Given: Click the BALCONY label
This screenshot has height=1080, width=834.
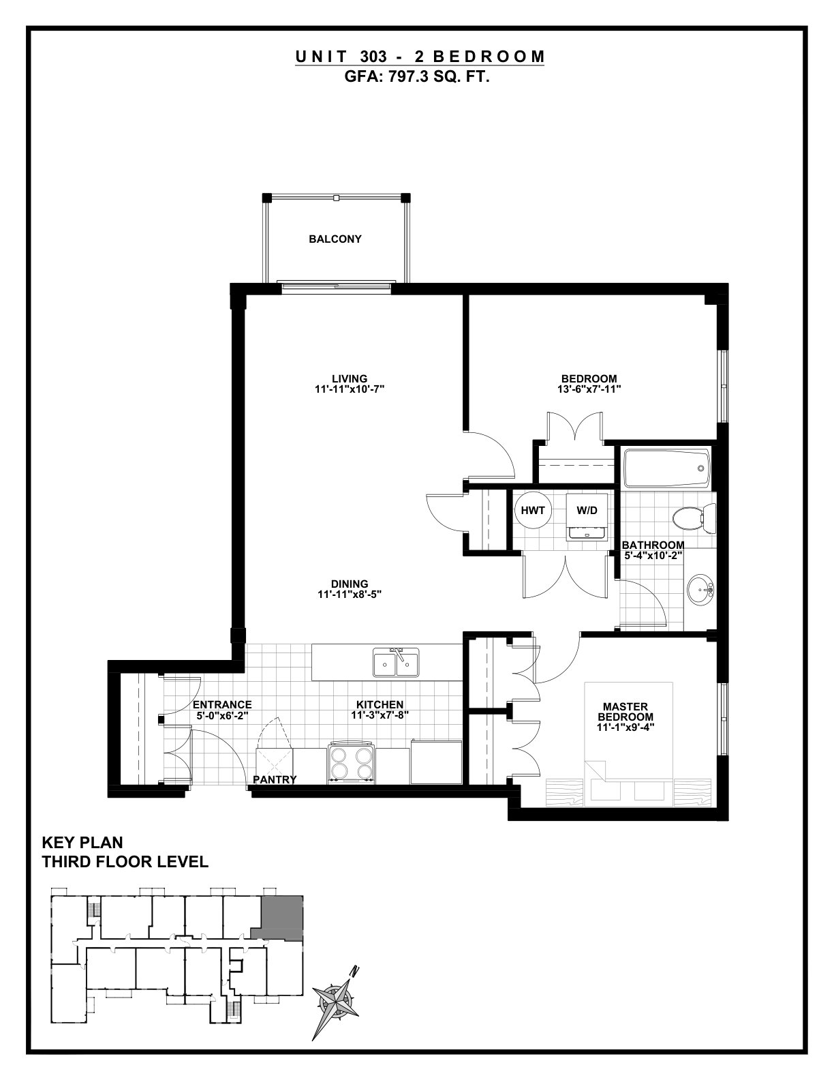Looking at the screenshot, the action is tap(335, 239).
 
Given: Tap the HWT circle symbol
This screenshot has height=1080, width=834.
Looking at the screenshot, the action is tap(532, 510).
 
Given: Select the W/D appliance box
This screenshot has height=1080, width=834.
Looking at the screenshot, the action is tap(587, 517).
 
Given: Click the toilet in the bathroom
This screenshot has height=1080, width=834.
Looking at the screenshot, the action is tap(694, 518).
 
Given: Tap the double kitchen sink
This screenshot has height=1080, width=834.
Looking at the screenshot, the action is tap(396, 663).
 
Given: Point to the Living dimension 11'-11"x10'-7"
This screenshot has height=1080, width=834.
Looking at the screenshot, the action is tap(350, 389).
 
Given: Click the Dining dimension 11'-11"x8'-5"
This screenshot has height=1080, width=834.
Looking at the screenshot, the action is tap(350, 594).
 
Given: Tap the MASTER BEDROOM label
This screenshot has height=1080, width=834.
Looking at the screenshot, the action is tap(625, 712).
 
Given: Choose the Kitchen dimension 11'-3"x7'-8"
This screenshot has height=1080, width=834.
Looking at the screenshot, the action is tap(380, 716).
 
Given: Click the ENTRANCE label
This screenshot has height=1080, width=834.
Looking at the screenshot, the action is tap(222, 705).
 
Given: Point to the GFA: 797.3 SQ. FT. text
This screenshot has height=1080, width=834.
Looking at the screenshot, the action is tap(417, 77).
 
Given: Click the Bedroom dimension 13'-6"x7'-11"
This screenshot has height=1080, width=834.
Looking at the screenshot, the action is tap(589, 389).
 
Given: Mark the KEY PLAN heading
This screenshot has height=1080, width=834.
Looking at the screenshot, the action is tap(82, 843).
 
